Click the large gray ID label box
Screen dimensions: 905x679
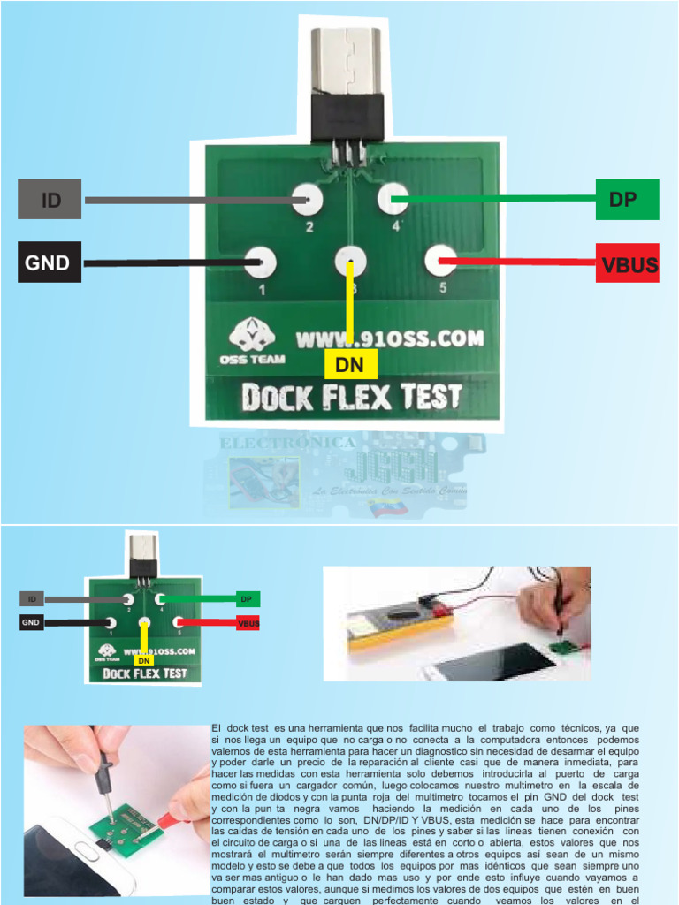coord(50,199)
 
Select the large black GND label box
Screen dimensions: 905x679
coord(50,262)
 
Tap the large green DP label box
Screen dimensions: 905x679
coord(628,199)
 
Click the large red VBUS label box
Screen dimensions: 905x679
coord(628,262)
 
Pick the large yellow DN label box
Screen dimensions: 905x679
coord(350,363)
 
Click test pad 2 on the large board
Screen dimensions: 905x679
coord(308,200)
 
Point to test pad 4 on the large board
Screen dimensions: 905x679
coord(393,199)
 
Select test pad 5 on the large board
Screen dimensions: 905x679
coord(440,261)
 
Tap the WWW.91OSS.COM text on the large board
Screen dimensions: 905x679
coord(389,338)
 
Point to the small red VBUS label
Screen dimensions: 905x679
coord(248,623)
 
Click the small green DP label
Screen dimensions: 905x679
coord(248,598)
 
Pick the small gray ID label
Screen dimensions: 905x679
coord(32,599)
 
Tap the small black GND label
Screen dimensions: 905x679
coord(32,623)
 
